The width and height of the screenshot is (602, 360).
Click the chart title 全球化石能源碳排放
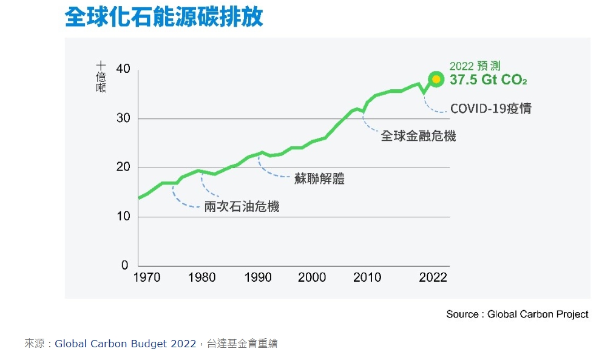(x=164, y=17)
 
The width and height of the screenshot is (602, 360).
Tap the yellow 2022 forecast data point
(x=436, y=80)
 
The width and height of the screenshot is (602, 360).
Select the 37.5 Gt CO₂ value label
(x=488, y=80)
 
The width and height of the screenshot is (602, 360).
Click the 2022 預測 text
(x=475, y=66)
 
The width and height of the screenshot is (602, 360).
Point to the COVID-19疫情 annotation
(x=490, y=109)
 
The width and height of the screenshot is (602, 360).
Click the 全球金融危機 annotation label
(x=418, y=136)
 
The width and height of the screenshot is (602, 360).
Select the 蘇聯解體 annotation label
(x=319, y=179)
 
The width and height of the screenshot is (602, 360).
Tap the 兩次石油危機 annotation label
(x=242, y=207)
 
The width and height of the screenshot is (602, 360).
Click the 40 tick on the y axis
(x=123, y=69)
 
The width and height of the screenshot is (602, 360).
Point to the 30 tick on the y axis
(x=123, y=118)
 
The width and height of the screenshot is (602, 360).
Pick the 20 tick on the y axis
(x=123, y=168)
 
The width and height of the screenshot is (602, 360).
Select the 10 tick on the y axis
(x=123, y=217)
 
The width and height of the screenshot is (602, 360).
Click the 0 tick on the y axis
(x=126, y=266)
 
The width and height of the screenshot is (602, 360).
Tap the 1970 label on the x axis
(x=146, y=278)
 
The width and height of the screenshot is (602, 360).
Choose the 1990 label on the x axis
(x=258, y=278)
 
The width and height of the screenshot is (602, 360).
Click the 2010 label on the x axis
(x=367, y=278)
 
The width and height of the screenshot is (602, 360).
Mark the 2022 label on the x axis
(x=433, y=278)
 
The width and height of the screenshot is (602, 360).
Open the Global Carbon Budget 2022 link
(x=125, y=344)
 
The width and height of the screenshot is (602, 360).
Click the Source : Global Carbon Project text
(x=517, y=314)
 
